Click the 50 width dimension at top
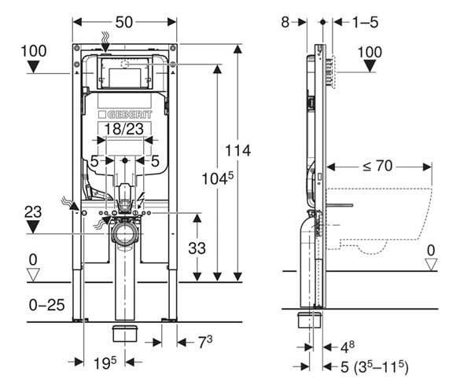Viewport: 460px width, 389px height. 124,22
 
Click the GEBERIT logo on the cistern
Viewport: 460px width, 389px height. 125,115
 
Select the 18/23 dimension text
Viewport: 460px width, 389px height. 124,129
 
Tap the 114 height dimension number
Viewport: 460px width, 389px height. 237,151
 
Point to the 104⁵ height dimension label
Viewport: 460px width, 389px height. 218,178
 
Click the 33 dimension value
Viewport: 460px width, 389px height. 197,248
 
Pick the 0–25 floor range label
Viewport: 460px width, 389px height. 47,305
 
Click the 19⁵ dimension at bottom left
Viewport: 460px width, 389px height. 105,363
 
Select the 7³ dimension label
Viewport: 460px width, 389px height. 205,342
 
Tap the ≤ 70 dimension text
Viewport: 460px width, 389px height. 377,166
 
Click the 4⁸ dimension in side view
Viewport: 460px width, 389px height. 348,347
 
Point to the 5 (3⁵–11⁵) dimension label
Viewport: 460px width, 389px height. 374,367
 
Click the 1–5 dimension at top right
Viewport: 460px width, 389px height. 365,22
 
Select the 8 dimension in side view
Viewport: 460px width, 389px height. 285,22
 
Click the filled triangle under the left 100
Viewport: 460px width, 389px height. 34,66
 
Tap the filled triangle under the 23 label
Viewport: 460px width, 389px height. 33,227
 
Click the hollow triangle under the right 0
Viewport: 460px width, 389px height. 431,264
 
